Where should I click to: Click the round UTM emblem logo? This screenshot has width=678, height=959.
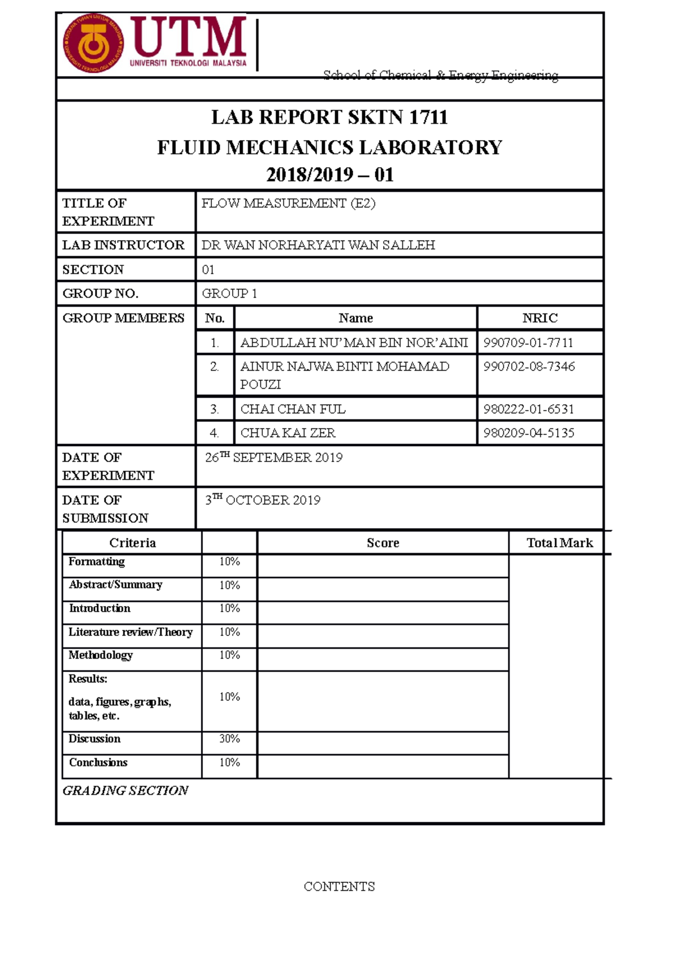94,44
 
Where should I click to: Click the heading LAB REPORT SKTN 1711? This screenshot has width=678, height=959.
329,117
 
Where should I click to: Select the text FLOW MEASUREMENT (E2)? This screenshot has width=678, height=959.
288,203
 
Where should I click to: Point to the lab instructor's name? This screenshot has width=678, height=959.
318,245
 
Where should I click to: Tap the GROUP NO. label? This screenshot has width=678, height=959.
100,294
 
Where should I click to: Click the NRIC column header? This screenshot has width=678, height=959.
540,318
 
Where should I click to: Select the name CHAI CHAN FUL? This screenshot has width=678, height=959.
293,409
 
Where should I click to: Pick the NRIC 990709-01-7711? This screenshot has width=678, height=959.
528,343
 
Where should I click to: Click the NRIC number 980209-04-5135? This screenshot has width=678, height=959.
528,433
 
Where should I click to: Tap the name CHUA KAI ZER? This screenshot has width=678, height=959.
288,433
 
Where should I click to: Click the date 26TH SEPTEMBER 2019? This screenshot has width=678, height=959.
273,457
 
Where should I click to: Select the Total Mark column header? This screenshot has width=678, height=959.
559,543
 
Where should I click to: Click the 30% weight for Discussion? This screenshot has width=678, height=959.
229,739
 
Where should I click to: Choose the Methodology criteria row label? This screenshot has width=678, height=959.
101,655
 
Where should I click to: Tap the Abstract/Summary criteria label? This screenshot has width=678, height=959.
115,585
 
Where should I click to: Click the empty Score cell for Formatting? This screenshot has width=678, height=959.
383,565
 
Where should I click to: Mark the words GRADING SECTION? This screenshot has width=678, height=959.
125,791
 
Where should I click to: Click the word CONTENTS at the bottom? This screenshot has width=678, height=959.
339,887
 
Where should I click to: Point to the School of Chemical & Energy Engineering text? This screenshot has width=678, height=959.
441,75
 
